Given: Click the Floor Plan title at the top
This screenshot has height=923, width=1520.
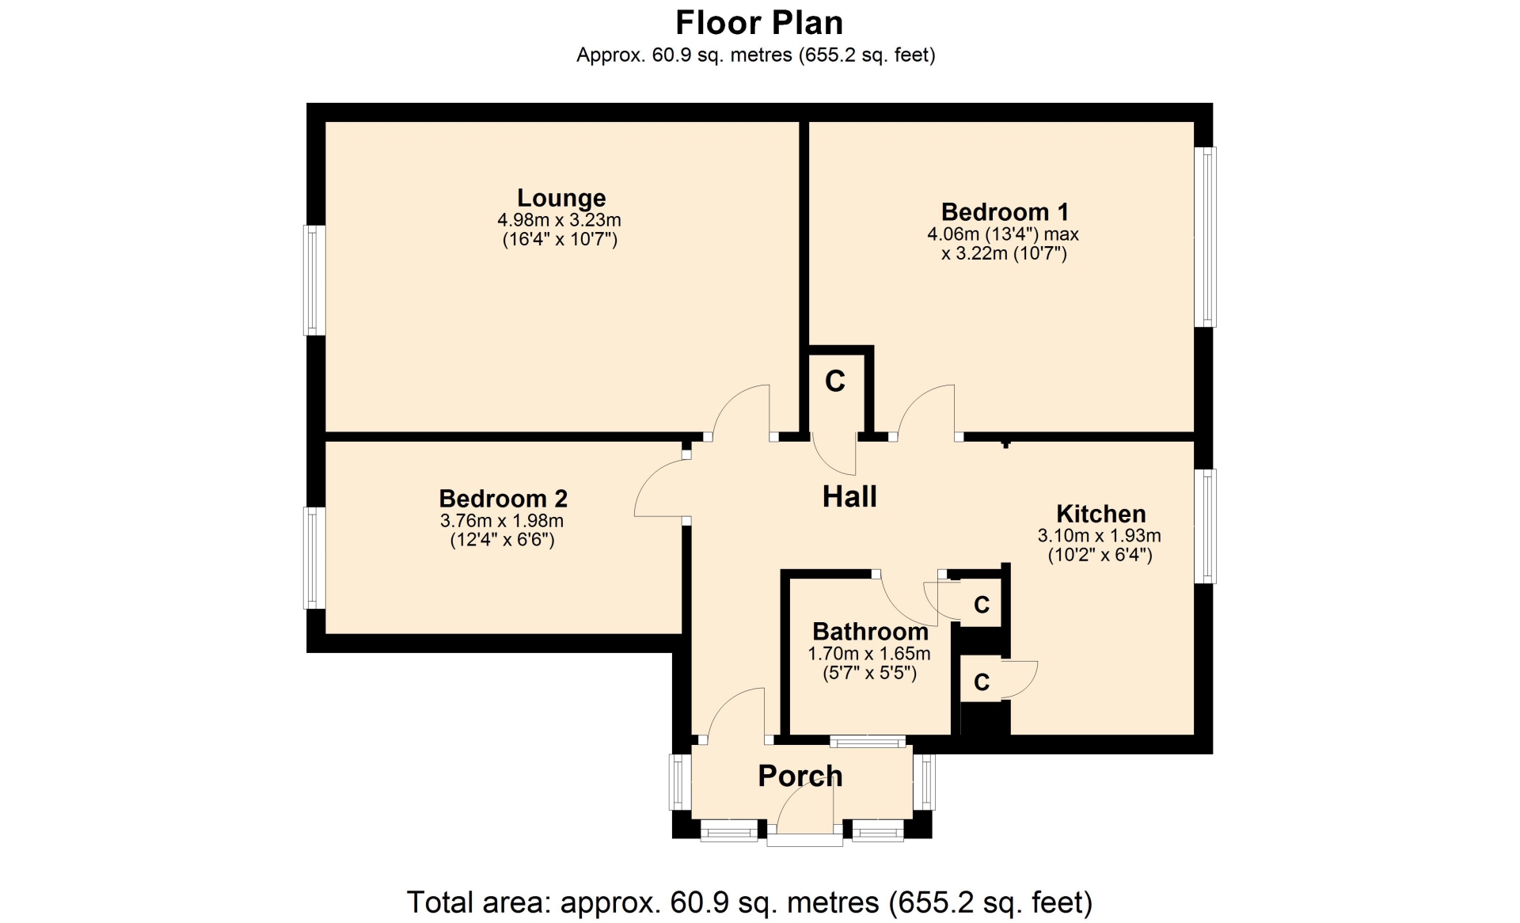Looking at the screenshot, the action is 759,23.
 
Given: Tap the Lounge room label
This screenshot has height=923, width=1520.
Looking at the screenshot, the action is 561,198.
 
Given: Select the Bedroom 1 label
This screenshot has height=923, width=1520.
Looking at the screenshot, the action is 1005,212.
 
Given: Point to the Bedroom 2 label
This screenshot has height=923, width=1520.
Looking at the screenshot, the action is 503,499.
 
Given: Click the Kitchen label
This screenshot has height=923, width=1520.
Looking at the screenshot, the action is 1101,514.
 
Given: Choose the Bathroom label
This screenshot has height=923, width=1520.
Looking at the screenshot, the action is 870,632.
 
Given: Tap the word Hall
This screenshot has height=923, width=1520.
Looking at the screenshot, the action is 849,496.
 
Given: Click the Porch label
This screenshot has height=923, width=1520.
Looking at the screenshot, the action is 800,776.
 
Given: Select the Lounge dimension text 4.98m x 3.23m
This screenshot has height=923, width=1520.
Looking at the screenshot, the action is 559,220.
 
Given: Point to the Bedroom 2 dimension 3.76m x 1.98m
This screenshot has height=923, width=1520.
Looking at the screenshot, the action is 502,521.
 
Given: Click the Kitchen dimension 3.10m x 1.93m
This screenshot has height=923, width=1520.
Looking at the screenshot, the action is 1100,536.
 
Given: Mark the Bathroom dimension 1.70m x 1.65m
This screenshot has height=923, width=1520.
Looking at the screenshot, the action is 869,654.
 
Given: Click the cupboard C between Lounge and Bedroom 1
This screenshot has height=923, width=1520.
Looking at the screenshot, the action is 835,382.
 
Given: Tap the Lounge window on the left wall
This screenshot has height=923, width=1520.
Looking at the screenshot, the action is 315,280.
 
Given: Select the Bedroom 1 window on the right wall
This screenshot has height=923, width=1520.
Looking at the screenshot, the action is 1205,237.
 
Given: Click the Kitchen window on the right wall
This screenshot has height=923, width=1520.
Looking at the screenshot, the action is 1205,526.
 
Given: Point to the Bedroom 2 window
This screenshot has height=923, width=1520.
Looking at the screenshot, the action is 315,558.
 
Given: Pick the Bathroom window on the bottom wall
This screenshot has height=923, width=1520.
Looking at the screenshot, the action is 868,742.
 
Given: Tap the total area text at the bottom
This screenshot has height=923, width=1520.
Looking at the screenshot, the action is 750,902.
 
